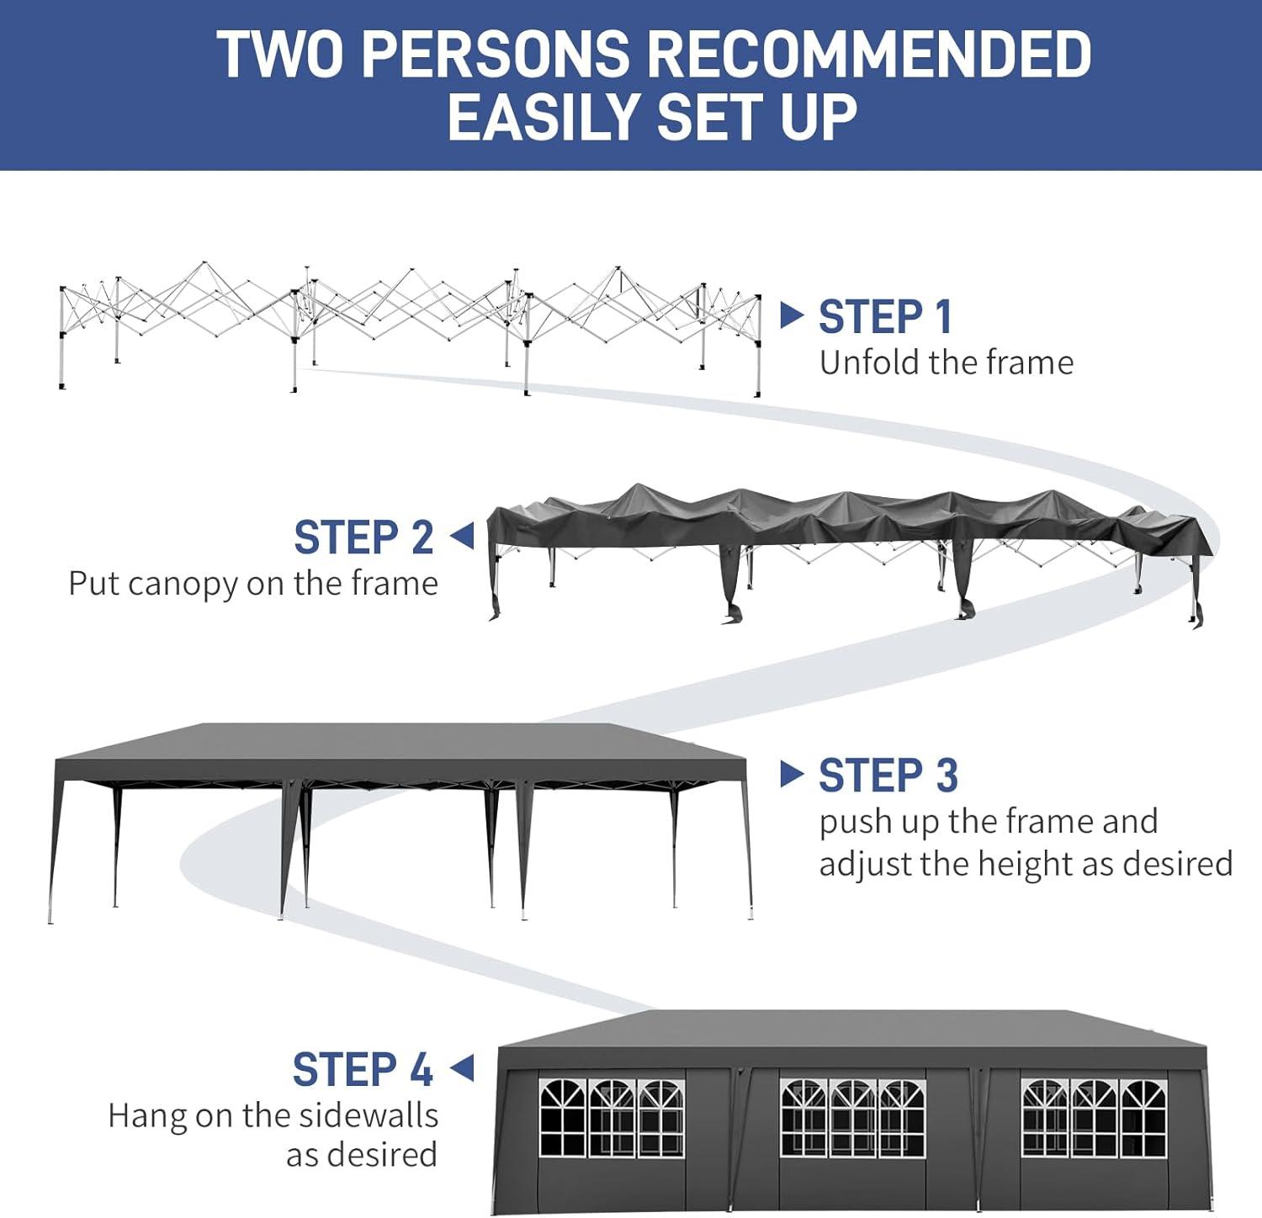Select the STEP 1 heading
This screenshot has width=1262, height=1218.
tap(886, 317)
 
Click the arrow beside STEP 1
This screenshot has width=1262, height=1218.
tap(793, 315)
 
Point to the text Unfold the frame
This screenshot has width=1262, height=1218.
tap(946, 363)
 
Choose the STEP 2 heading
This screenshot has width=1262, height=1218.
tap(363, 538)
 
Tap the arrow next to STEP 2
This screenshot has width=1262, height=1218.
tap(462, 536)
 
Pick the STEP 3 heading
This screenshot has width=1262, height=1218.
tap(888, 776)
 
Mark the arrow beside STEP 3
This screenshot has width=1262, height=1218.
tap(793, 774)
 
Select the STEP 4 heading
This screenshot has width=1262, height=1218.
tap(363, 1070)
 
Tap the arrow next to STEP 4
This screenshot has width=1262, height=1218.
tap(462, 1068)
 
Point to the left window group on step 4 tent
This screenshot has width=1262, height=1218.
tap(612, 1118)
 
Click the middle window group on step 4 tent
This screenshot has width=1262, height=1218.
tap(852, 1118)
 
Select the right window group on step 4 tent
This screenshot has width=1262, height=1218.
tap(1095, 1118)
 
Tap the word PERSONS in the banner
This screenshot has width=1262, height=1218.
tap(495, 54)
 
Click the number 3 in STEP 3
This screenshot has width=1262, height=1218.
tap(946, 776)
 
